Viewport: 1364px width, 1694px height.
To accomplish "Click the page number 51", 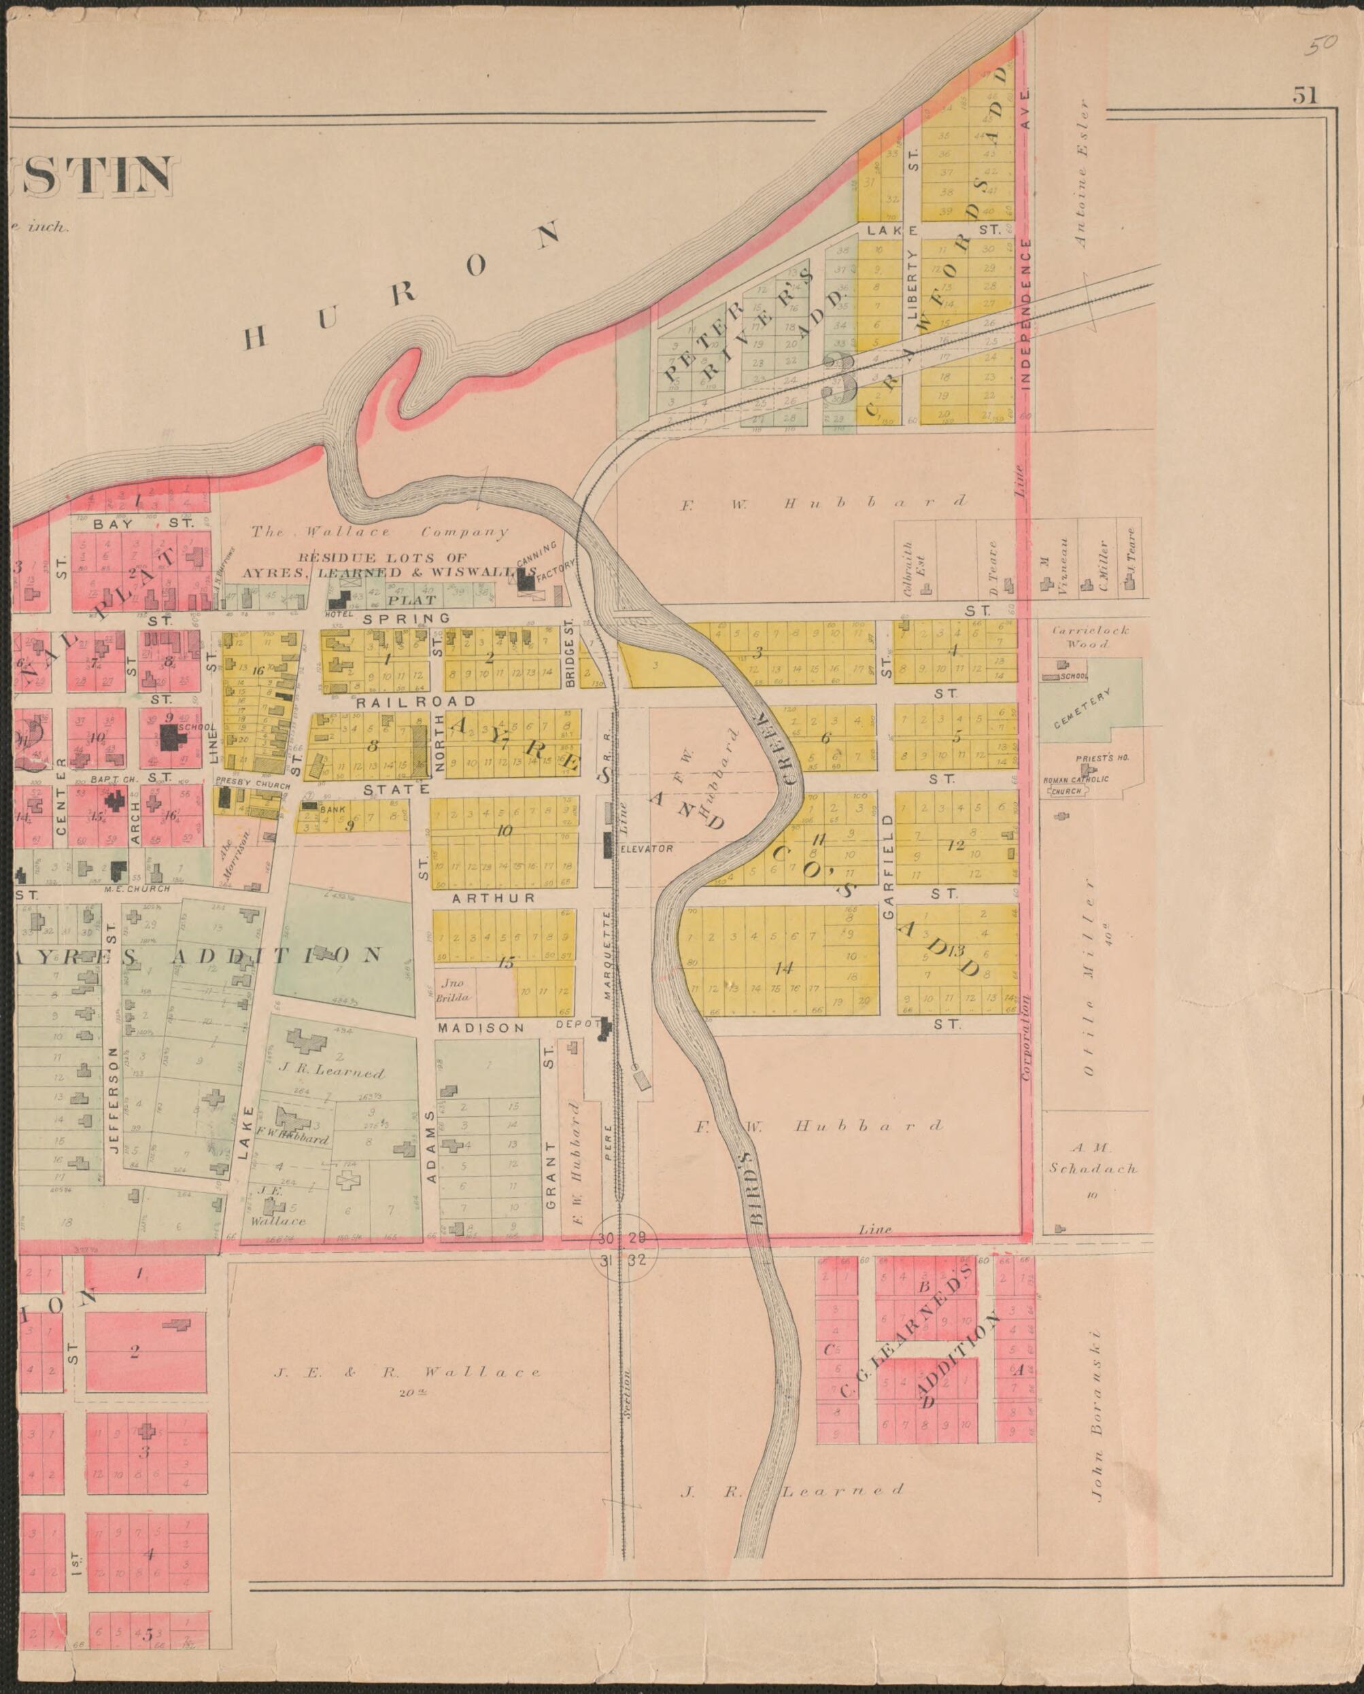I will [1304, 95].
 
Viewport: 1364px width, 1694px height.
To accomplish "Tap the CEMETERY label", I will [1082, 708].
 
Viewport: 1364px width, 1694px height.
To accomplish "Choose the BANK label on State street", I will [333, 808].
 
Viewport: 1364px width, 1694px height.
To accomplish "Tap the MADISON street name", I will [480, 1028].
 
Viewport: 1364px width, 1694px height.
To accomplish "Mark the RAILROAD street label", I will [415, 701].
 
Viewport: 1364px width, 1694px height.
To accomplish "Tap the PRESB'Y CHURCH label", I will [252, 784].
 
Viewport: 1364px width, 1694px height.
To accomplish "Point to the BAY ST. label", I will [142, 523].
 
